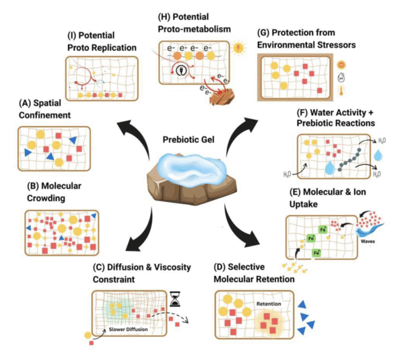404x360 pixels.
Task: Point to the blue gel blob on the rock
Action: (191, 166)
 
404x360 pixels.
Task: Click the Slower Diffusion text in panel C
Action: (132, 329)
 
